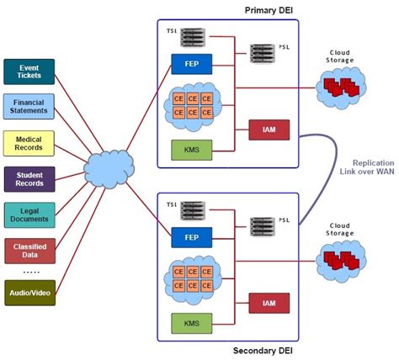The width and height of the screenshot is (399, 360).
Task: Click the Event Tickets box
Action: click(29, 71)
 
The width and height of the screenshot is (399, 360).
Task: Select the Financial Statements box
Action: click(29, 107)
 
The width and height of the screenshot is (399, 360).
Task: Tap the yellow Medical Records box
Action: click(29, 143)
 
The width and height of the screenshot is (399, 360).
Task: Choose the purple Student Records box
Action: click(29, 178)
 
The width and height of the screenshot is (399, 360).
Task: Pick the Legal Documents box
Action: click(29, 214)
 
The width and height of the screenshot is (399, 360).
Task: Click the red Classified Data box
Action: click(29, 250)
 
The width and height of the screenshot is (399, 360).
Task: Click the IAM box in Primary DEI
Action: click(269, 130)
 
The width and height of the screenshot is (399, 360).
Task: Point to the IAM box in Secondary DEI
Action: click(269, 303)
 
